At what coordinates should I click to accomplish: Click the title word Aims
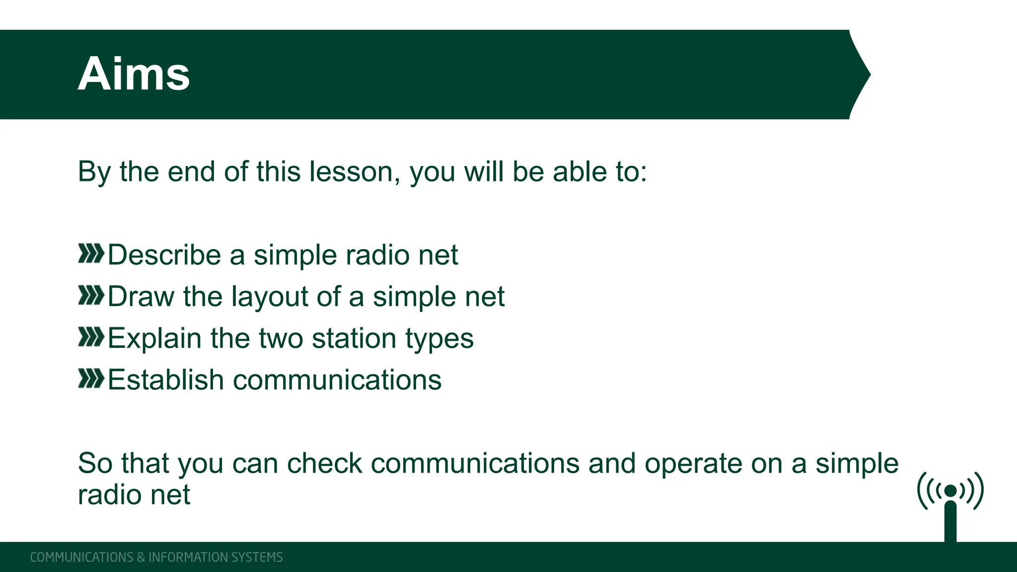[x=134, y=74]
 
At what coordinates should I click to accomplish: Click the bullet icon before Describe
[x=91, y=254]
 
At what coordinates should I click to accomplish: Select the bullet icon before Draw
[x=91, y=295]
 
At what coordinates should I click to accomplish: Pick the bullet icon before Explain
[x=91, y=337]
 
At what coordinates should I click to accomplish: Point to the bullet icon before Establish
[x=91, y=379]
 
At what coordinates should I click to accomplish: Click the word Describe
[x=164, y=255]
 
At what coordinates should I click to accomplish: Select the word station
[x=354, y=339]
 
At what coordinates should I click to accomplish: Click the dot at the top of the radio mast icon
[x=950, y=491]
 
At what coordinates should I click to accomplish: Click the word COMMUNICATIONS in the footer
[x=81, y=557]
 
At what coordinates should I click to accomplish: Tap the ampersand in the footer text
[x=141, y=557]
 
